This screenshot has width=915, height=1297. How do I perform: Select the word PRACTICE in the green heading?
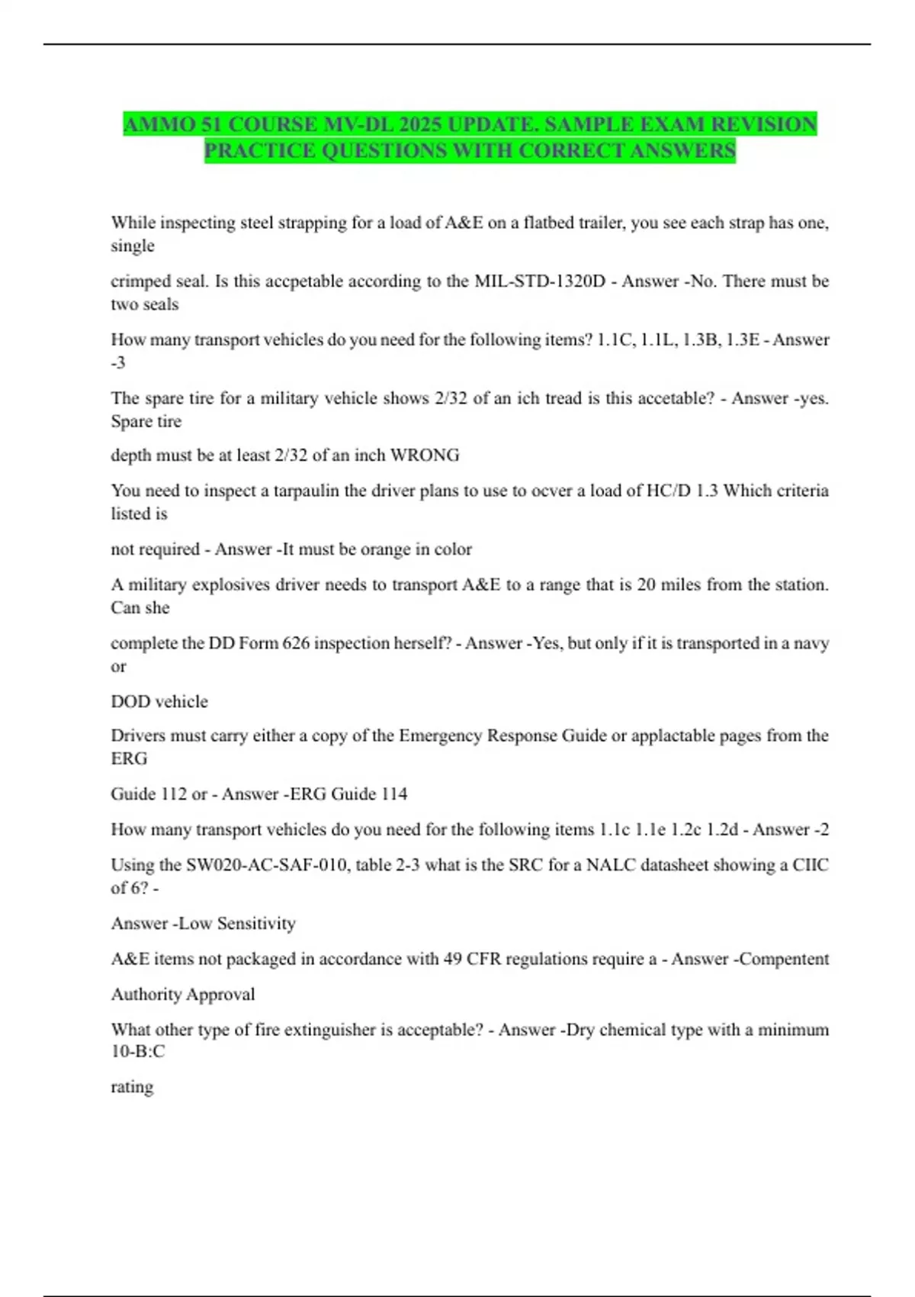click(x=260, y=150)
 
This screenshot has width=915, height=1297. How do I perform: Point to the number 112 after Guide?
click(x=174, y=794)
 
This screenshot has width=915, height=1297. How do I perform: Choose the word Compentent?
click(x=784, y=959)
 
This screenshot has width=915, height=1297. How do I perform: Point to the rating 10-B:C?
click(x=138, y=1051)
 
